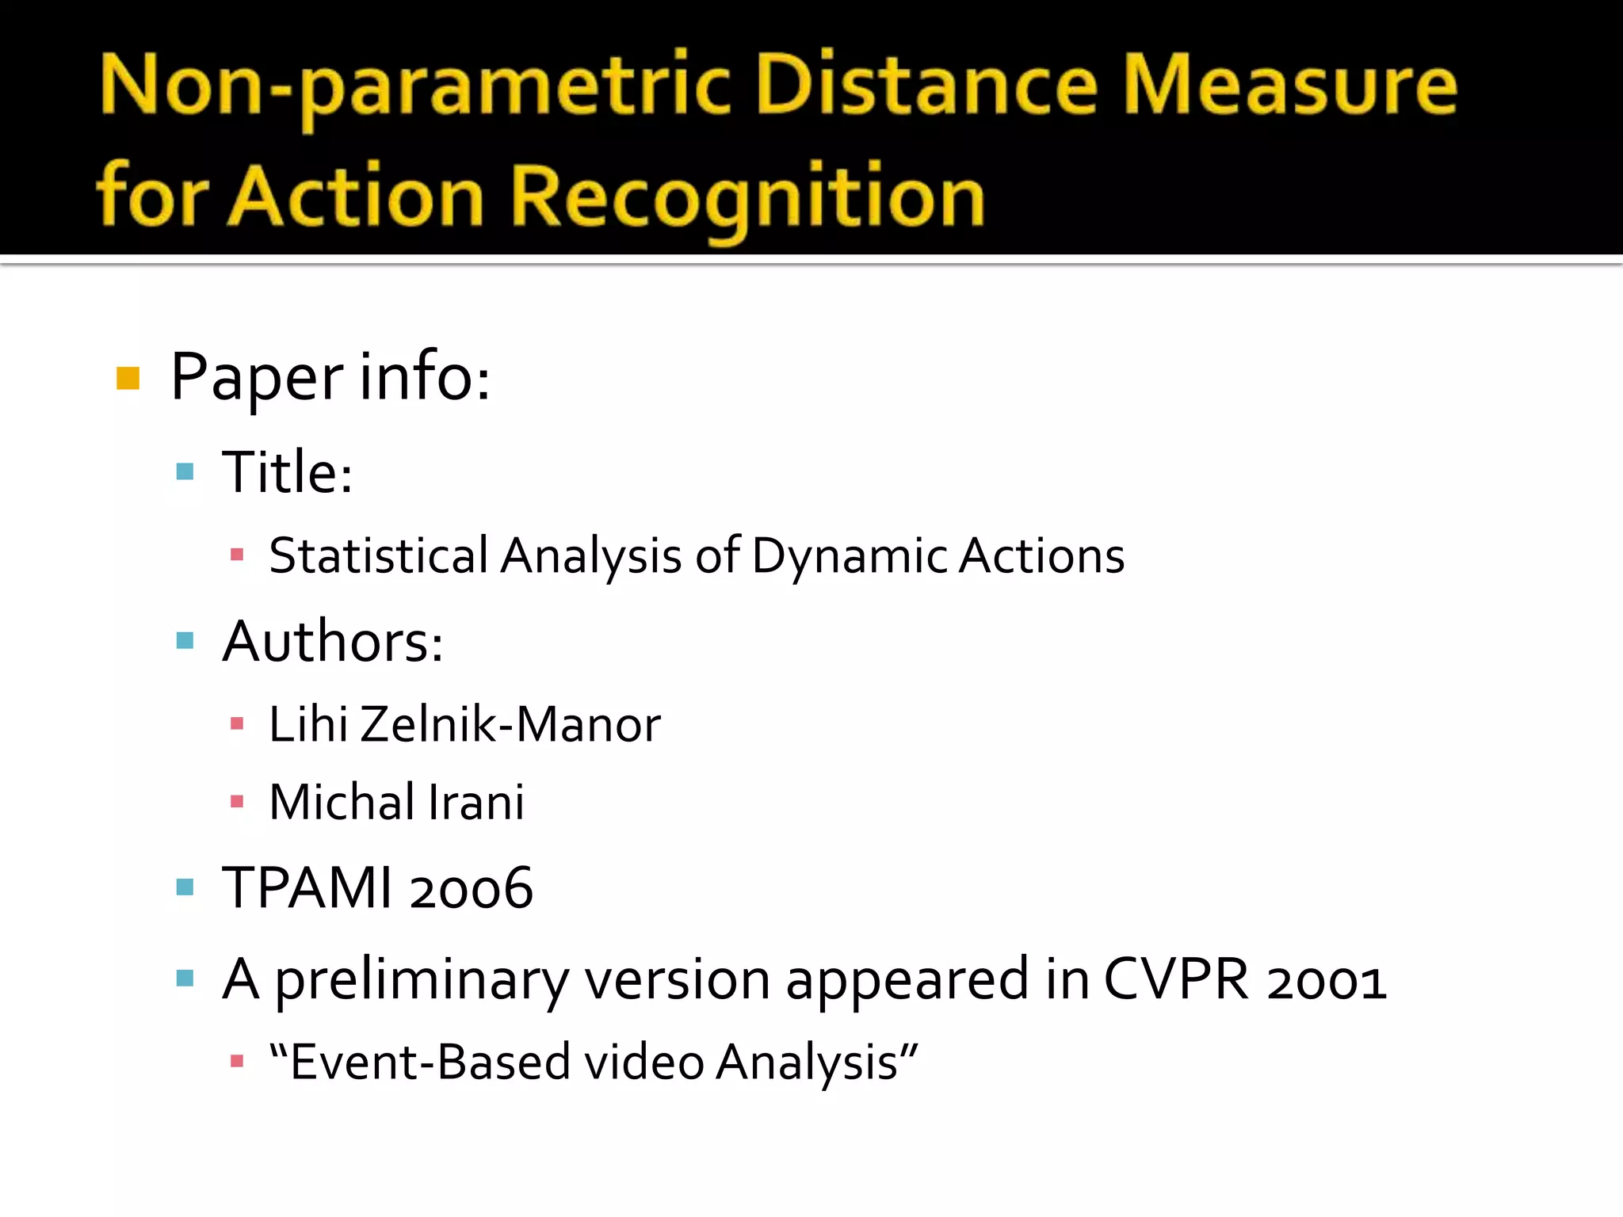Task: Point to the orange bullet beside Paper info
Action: click(x=128, y=379)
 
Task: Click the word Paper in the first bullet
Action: click(x=257, y=379)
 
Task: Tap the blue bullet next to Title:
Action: click(x=185, y=473)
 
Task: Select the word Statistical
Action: click(x=378, y=555)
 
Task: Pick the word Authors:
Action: click(x=333, y=641)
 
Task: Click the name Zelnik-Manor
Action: click(x=510, y=724)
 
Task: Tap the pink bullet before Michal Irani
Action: click(x=236, y=802)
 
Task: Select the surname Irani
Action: click(x=476, y=802)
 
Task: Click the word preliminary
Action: click(x=422, y=981)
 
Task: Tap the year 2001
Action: click(x=1327, y=981)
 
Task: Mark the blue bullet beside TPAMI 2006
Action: click(x=185, y=887)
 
